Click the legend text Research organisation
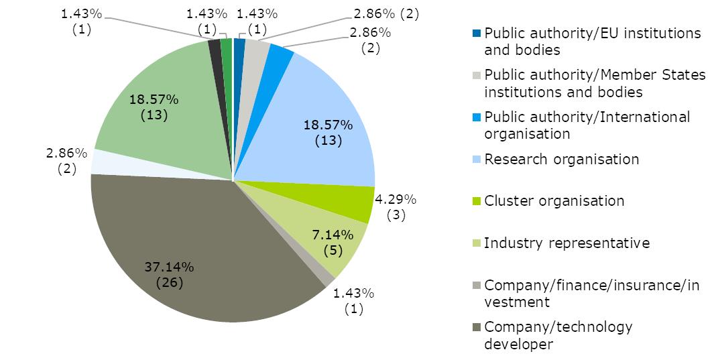click(x=561, y=160)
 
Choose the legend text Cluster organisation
click(x=554, y=201)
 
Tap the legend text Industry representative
click(x=566, y=243)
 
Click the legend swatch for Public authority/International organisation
click(x=475, y=117)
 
